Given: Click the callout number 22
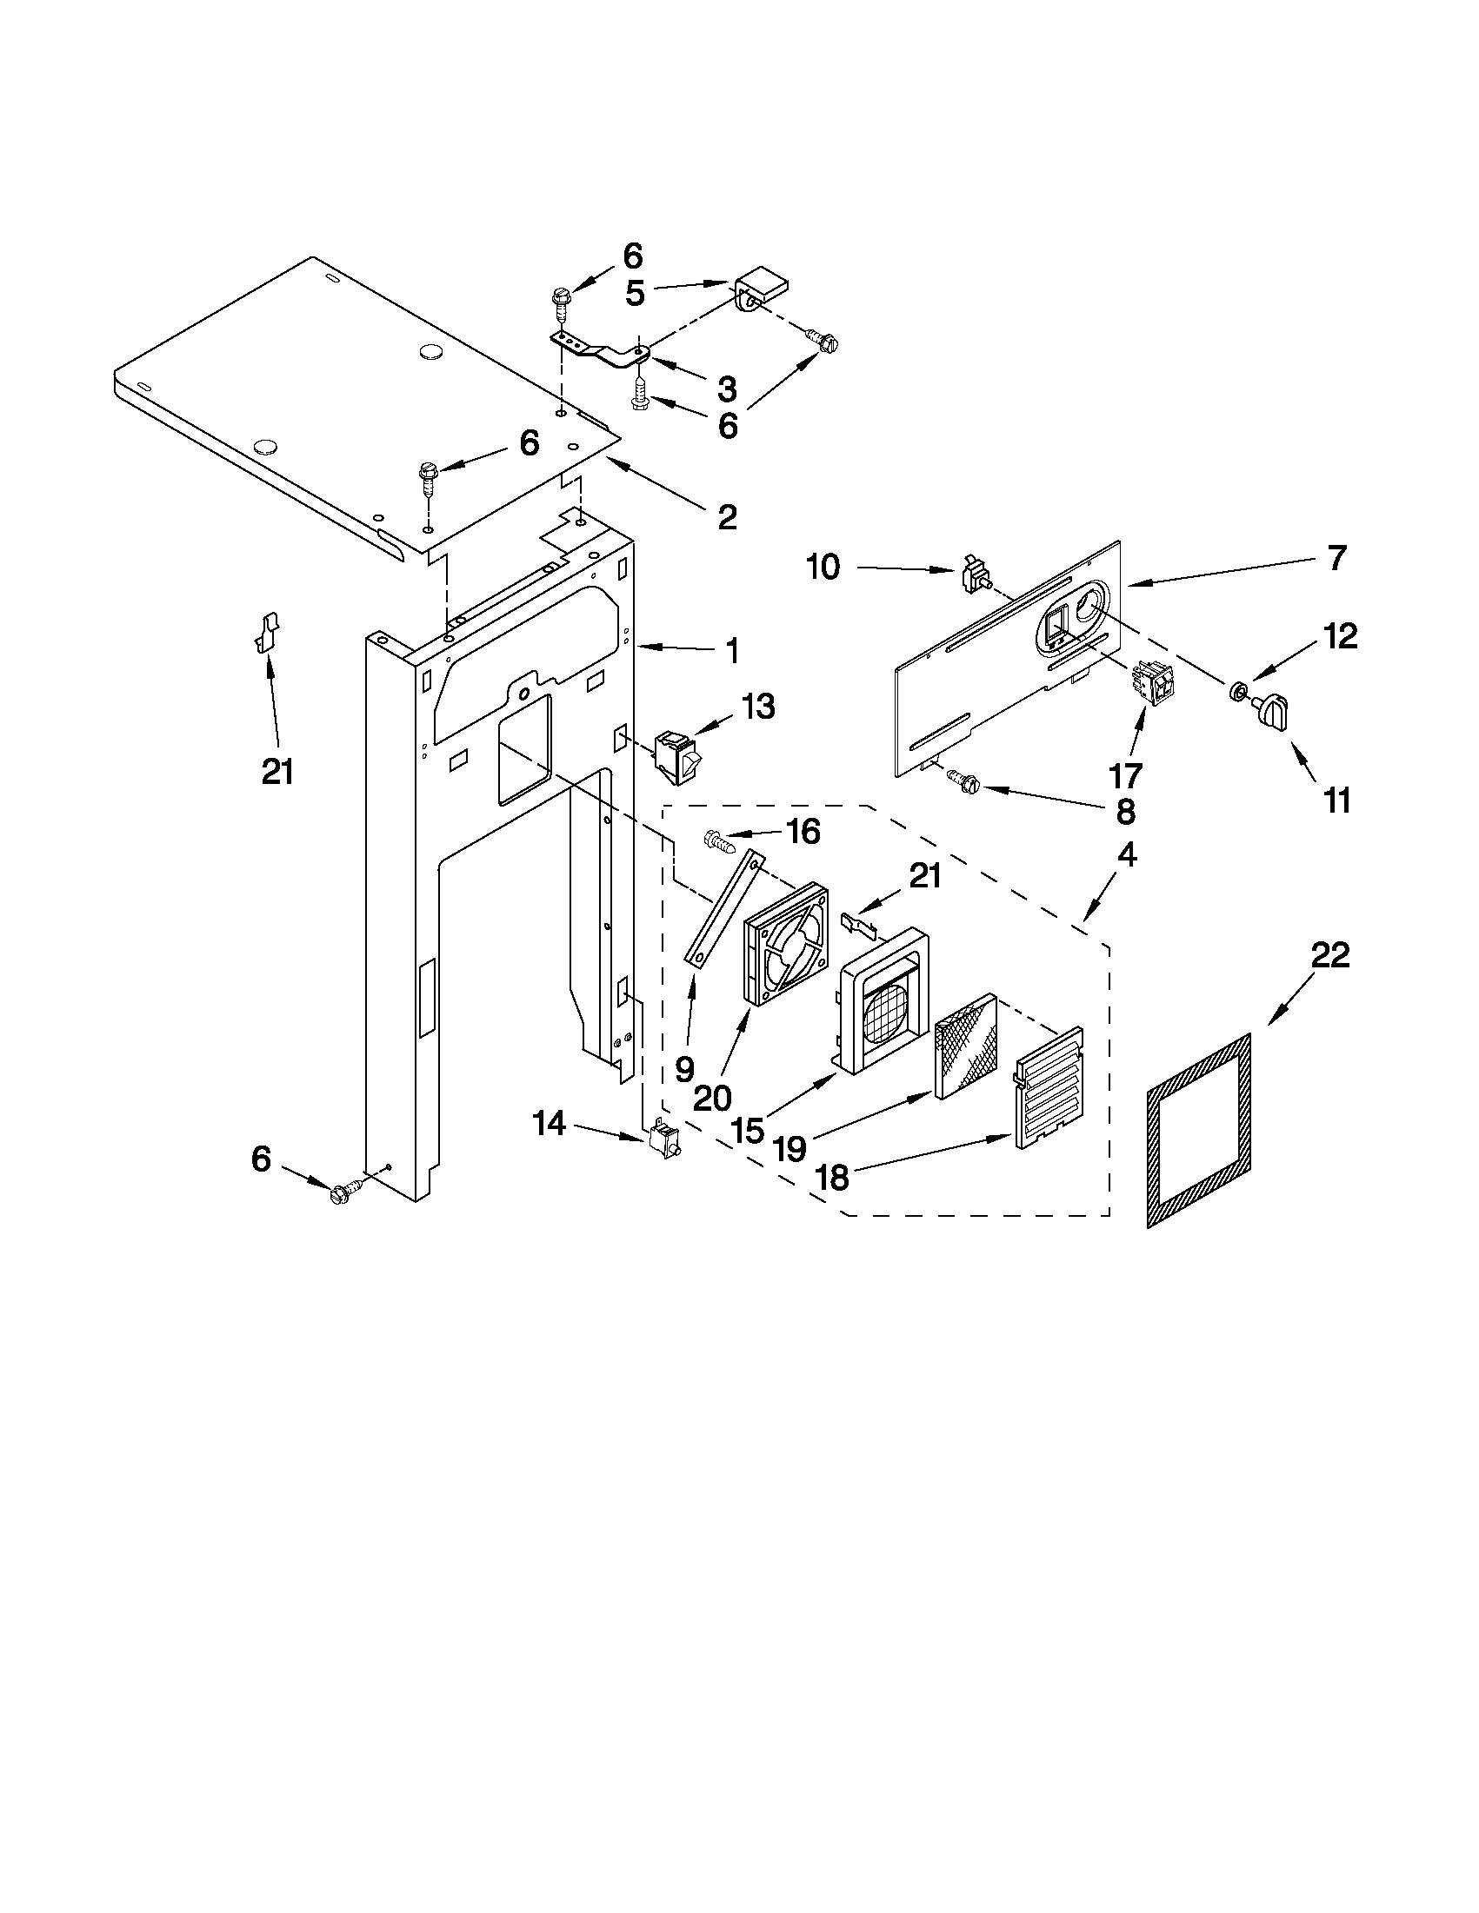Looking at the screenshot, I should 1329,956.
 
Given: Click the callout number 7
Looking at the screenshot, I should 1336,558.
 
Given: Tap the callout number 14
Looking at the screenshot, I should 550,1124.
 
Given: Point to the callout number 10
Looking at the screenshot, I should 823,568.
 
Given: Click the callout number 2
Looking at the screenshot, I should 727,518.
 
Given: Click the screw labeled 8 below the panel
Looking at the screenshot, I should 963,780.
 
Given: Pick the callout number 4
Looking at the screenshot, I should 1127,856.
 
